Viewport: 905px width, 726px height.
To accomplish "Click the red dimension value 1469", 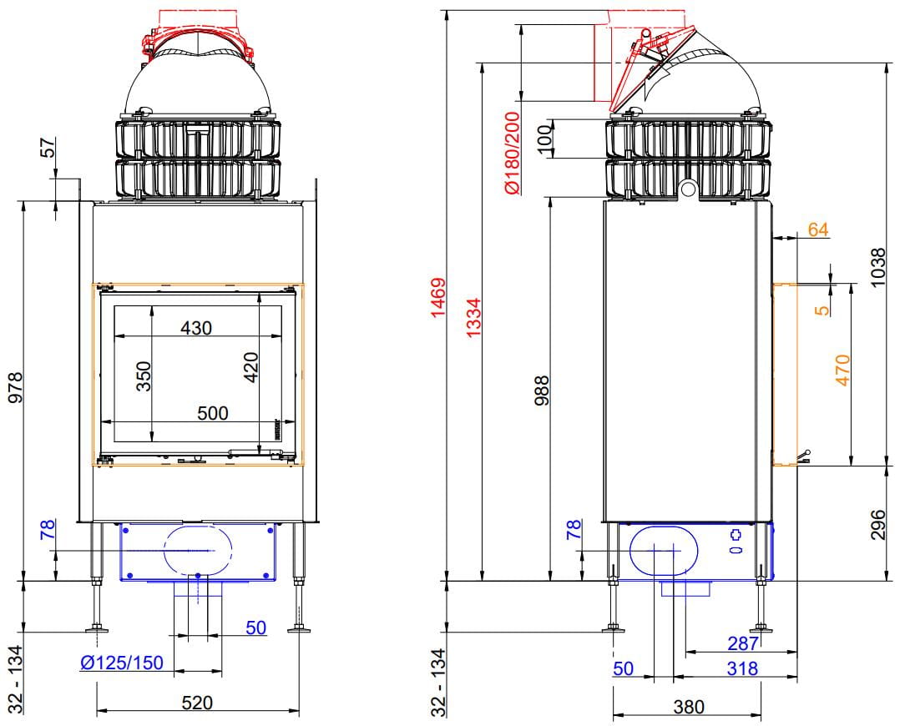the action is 438,297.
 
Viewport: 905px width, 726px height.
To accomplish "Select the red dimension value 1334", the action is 473,317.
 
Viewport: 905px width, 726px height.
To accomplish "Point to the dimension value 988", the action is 541,391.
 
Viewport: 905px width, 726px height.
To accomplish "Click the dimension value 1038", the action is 877,267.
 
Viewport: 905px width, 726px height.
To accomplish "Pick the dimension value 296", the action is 877,525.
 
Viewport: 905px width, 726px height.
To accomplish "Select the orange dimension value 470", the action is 842,371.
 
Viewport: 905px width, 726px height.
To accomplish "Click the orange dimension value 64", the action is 818,229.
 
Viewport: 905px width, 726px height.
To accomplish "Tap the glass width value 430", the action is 196,328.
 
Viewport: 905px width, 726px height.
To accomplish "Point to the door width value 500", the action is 213,413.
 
